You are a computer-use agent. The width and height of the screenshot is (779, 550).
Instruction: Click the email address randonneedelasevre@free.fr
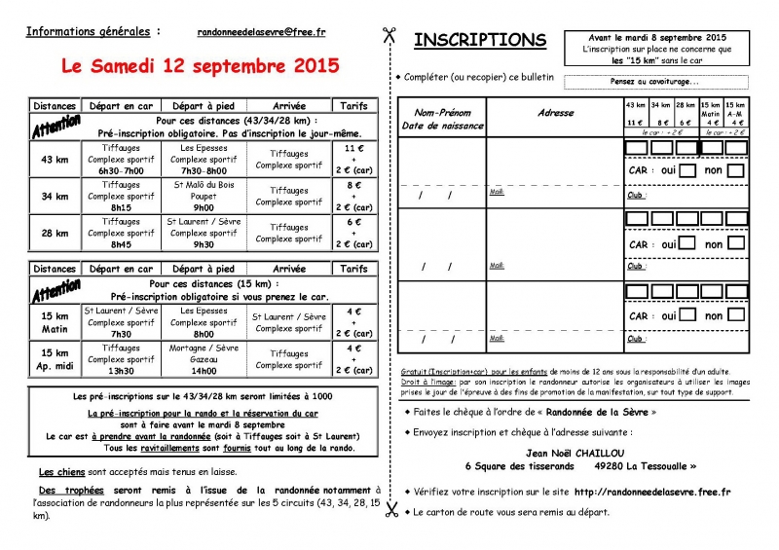point(261,32)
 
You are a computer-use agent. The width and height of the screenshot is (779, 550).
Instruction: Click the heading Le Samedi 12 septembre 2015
point(201,66)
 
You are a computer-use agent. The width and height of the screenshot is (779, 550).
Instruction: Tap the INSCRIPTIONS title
point(480,40)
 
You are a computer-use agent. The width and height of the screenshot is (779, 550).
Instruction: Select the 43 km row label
point(55,158)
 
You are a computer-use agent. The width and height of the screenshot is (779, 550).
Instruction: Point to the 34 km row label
point(55,196)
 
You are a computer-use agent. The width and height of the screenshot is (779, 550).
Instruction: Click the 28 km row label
point(55,234)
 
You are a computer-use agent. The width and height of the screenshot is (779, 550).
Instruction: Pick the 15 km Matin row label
point(55,322)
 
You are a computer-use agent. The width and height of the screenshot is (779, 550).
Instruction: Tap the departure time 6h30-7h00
point(121,170)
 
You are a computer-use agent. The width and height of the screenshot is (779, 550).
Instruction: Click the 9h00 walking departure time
point(203,207)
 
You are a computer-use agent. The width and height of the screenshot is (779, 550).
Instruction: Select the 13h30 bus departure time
point(121,371)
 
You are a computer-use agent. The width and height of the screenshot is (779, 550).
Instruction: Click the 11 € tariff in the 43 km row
point(354,147)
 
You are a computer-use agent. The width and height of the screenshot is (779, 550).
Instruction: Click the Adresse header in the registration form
point(556,113)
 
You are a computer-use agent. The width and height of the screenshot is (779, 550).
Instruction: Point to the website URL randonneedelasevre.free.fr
point(652,493)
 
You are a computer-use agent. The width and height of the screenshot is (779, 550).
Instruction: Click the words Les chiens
point(63,471)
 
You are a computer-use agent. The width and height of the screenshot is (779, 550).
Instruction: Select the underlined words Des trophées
point(71,490)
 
